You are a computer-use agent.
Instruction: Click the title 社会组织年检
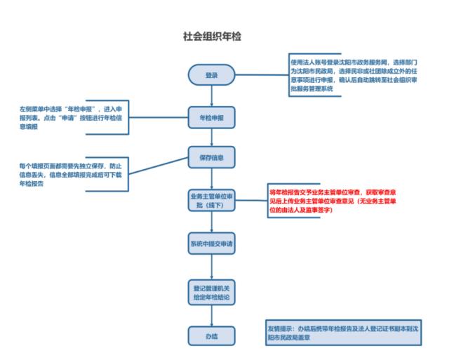211,35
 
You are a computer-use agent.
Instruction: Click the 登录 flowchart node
211,76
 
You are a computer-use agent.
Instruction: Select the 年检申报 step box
211,116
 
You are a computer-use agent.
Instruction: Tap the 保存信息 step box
211,157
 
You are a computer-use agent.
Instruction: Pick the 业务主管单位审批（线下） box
211,200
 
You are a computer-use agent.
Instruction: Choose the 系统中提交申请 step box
211,244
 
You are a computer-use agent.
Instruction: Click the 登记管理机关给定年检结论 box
211,293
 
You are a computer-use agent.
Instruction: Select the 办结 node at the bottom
211,336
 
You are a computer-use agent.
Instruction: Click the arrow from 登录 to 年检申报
211,96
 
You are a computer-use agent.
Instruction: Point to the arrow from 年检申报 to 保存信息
211,137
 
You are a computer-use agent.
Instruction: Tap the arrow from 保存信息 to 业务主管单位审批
211,178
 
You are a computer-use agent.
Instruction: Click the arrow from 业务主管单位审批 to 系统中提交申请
211,222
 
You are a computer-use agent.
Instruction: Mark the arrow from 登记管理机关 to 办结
211,316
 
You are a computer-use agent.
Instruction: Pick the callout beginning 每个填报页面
74,174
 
